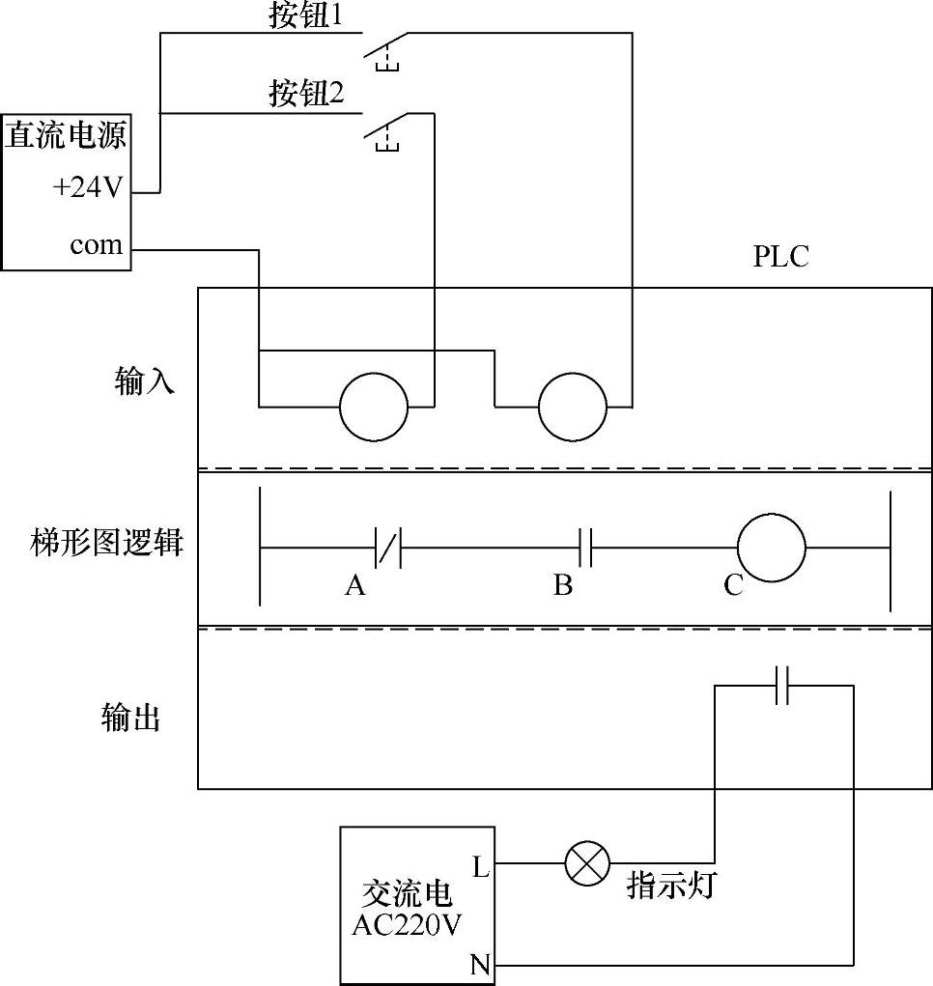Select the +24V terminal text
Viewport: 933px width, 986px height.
tap(88, 188)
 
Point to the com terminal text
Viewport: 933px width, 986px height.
tap(97, 245)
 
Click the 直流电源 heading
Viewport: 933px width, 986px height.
tap(66, 136)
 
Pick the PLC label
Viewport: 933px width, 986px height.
tap(780, 258)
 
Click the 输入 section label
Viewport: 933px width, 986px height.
tap(145, 382)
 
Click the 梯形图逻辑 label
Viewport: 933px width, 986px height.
tap(107, 543)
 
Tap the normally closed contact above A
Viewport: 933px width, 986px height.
tap(387, 548)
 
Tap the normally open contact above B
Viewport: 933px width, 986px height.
tap(584, 548)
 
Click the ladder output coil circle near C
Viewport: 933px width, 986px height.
tap(771, 548)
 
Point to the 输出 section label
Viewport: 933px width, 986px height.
tap(130, 718)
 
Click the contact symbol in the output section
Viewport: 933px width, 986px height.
tap(782, 686)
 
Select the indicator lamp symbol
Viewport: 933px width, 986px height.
tap(587, 862)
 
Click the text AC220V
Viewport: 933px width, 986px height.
tap(407, 924)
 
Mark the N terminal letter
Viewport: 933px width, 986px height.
tap(480, 963)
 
